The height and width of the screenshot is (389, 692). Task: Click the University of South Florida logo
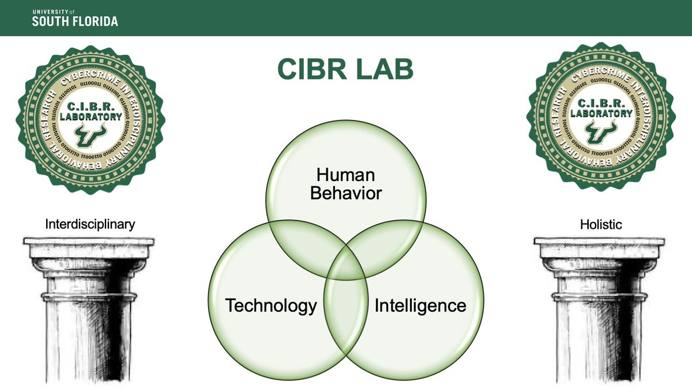(x=75, y=17)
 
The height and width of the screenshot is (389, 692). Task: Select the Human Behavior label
(x=346, y=184)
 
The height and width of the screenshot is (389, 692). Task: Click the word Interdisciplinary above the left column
(x=90, y=224)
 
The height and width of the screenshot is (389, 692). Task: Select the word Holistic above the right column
(x=601, y=224)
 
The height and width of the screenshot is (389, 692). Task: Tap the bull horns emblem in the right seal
(x=601, y=134)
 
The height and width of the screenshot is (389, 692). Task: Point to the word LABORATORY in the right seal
(x=601, y=114)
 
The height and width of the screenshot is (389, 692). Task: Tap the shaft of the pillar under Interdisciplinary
(x=89, y=340)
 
